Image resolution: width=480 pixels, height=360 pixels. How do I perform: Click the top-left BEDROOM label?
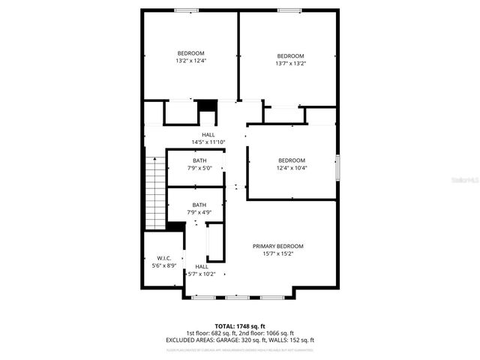pos(190,52)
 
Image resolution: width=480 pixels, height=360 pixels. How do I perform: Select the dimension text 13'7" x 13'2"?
pos(291,64)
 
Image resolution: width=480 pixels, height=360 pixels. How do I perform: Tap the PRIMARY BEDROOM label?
pos(277,246)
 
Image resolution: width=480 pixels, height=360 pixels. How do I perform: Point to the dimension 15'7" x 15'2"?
pos(277,253)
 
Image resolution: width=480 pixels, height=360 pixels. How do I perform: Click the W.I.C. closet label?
pos(164,258)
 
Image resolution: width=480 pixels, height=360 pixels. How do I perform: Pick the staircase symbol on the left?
pos(154,192)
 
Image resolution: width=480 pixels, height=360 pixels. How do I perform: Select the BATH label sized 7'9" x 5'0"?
pos(199,160)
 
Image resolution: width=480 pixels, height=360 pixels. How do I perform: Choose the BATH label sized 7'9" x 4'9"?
pos(199,205)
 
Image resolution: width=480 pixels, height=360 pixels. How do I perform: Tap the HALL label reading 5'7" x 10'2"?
pos(202,266)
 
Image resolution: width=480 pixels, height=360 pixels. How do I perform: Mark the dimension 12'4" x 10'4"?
pos(292,168)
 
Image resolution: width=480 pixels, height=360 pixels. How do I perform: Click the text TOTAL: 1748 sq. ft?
pos(240,326)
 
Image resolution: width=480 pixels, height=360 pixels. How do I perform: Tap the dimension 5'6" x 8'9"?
pos(164,265)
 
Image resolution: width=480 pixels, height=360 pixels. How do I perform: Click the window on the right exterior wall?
pos(337,166)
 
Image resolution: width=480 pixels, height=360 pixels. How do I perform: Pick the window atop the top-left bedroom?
pos(186,10)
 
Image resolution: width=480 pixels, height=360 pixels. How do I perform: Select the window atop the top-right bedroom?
pos(288,10)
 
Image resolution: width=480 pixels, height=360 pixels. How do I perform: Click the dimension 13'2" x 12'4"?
pos(190,61)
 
